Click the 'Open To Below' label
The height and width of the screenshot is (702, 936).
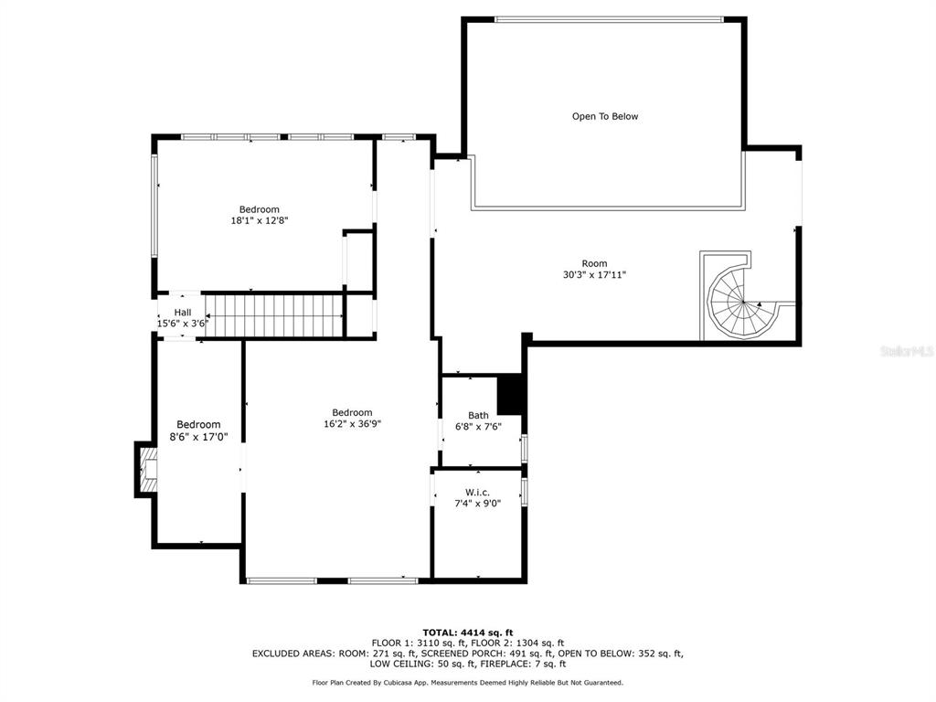click(x=605, y=116)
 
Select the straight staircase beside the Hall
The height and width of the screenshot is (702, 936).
click(x=274, y=315)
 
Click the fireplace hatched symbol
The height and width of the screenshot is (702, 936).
click(x=147, y=469)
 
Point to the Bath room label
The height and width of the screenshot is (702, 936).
click(x=478, y=416)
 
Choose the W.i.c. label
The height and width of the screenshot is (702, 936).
click(x=477, y=493)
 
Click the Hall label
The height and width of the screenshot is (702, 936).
click(x=183, y=313)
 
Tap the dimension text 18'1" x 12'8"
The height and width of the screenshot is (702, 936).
click(x=260, y=220)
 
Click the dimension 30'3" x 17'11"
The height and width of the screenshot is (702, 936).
click(x=594, y=274)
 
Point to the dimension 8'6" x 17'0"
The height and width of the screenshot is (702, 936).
click(x=198, y=436)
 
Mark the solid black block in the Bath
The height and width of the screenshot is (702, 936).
click(x=509, y=394)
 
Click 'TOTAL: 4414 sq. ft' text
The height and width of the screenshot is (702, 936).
click(x=468, y=633)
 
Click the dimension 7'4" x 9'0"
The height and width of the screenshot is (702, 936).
click(x=477, y=504)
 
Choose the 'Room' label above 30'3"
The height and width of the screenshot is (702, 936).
click(x=594, y=263)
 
